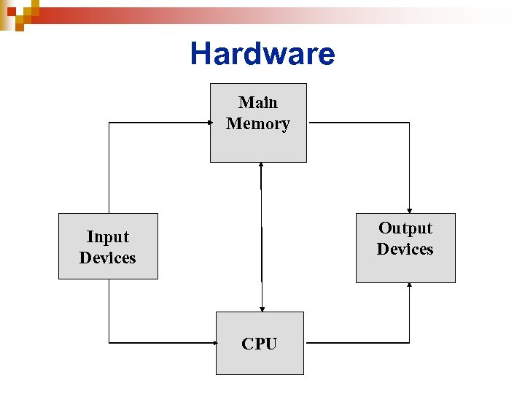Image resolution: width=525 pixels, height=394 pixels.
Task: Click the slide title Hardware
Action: pos(262,53)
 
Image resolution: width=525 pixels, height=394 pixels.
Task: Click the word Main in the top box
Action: pos(258,102)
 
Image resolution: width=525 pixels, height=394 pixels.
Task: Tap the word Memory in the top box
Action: pos(258,123)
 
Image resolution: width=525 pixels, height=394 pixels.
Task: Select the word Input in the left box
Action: pos(107,236)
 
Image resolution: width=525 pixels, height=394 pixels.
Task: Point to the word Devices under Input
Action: pos(107,258)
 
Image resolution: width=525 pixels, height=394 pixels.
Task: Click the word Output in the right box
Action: pos(405,228)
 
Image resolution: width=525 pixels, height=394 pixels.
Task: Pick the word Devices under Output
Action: pos(405,249)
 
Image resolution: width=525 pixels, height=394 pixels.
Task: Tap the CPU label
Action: pos(260,344)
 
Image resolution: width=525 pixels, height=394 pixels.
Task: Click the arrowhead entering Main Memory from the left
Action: pos(208,123)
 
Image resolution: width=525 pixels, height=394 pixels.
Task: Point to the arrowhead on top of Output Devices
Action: pos(410,210)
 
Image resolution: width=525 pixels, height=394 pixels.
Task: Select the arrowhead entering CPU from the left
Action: pos(213,342)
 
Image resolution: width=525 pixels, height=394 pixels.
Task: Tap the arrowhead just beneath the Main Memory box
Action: pos(261,166)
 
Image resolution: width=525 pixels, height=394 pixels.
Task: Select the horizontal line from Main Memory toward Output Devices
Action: pos(357,123)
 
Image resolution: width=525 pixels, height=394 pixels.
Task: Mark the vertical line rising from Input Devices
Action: pos(109,168)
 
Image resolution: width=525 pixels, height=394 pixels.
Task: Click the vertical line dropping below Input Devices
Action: pos(109,310)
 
